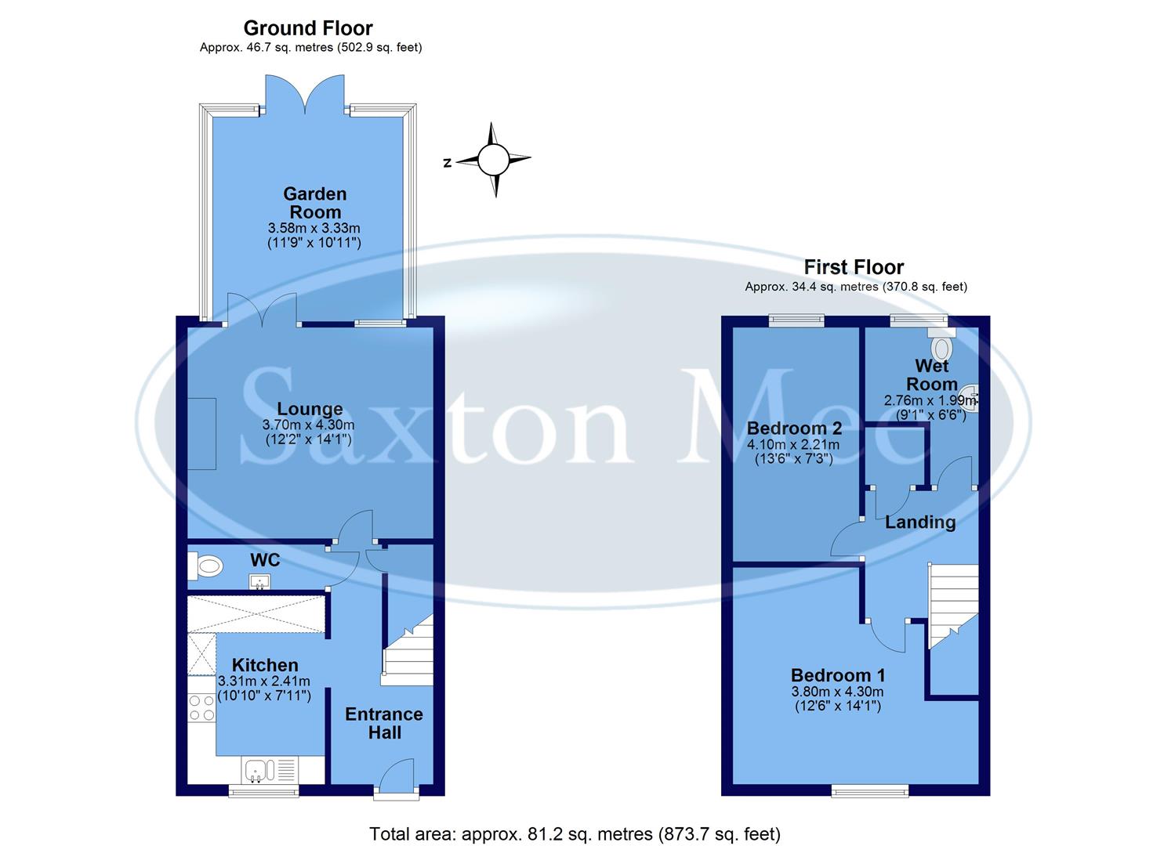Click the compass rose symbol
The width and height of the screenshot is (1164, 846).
tap(493, 159)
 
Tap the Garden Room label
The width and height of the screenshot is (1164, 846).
tap(314, 203)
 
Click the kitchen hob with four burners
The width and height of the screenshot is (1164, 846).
tap(201, 708)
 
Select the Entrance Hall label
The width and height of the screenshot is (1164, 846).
tap(383, 723)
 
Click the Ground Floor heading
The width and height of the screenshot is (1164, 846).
tap(308, 28)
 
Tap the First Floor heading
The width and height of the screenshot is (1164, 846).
tap(854, 268)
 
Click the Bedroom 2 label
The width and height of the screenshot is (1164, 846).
tap(794, 428)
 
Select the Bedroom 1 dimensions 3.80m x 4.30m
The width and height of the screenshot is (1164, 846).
tap(837, 692)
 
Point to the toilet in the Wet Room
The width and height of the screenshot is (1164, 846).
tap(941, 344)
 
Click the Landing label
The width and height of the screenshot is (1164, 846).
tap(920, 522)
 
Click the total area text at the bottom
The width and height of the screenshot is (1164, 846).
tap(575, 833)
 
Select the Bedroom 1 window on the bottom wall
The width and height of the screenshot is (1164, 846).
tap(870, 790)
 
